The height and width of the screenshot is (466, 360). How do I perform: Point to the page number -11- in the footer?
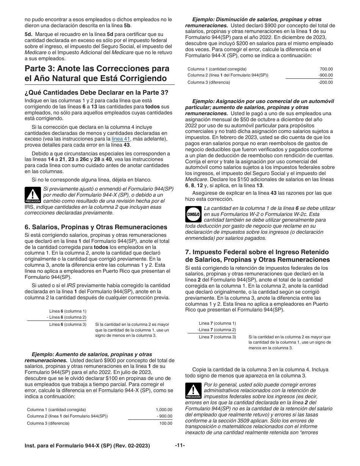pyautogui.click(x=180, y=446)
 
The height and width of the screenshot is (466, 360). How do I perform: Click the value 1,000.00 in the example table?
pyautogui.click(x=164, y=410)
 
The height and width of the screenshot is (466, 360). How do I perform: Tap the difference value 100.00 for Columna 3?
pyautogui.click(x=166, y=423)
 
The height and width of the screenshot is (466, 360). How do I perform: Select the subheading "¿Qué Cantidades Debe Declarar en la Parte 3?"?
pyautogui.click(x=97, y=92)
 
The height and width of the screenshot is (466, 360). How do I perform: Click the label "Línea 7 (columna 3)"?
pyautogui.click(x=217, y=337)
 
